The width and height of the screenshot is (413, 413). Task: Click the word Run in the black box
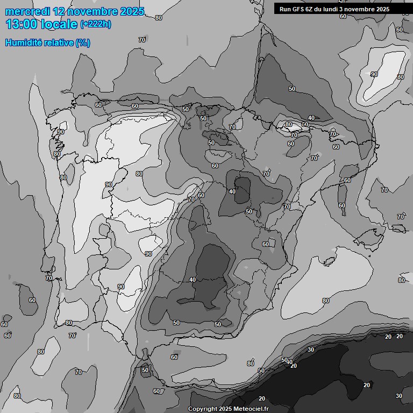[x=286, y=9]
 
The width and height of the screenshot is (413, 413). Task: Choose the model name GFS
[x=298, y=9]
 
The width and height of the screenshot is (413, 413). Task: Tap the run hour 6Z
[x=311, y=9]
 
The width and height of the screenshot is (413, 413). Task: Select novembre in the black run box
[x=360, y=9]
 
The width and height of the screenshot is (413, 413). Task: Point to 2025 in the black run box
[x=383, y=9]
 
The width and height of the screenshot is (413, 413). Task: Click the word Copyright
[x=202, y=409]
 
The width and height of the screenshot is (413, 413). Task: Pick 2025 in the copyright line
[x=225, y=409]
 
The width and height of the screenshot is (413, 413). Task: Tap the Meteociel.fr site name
[x=251, y=409]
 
